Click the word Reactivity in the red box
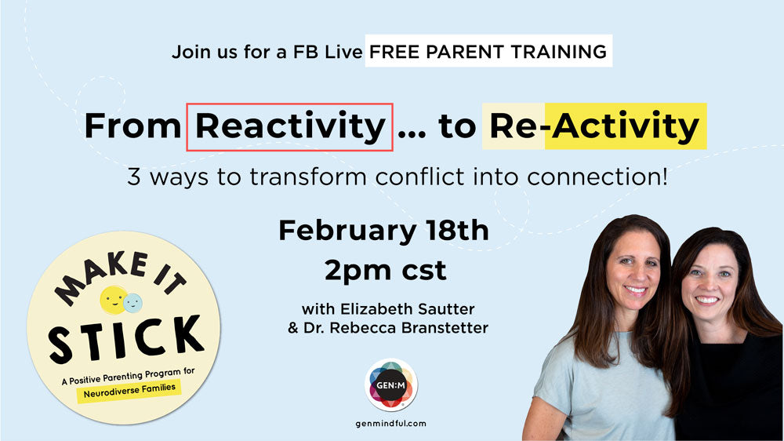point(289,126)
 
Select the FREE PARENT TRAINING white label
point(488,53)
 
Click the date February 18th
point(383,231)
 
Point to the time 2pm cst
point(385,271)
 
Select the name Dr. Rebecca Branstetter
point(388,327)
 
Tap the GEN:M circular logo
point(391,385)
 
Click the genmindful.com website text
point(391,424)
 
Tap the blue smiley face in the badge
point(133,301)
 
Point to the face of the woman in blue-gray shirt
point(631,268)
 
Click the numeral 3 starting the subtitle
point(134,177)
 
